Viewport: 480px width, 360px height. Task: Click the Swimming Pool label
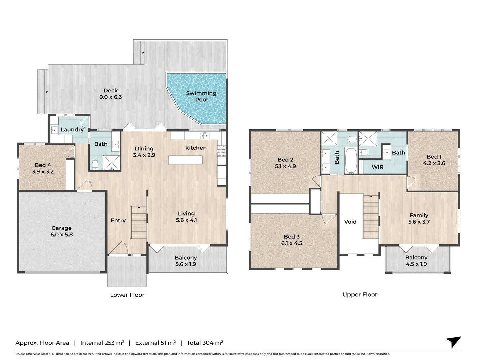[201, 96]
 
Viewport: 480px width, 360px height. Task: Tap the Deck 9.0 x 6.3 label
[110, 94]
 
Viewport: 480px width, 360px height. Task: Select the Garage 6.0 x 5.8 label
[61, 231]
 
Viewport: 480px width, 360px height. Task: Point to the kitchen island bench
[185, 160]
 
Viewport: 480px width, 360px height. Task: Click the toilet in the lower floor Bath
[95, 164]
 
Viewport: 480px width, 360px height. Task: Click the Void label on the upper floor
[350, 222]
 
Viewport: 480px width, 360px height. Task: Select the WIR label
[377, 167]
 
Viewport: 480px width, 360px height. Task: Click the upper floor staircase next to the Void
[371, 216]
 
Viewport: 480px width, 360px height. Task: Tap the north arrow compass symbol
[454, 342]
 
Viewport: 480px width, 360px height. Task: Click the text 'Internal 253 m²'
[102, 343]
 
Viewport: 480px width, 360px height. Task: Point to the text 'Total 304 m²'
[205, 343]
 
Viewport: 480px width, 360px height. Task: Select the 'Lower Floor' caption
[127, 295]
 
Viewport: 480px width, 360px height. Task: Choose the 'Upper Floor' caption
[360, 294]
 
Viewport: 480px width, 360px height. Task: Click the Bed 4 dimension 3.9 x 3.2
[43, 172]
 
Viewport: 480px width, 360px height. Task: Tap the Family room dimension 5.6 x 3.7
[419, 222]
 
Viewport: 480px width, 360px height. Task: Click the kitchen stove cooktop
[221, 151]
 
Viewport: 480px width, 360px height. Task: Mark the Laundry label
[72, 130]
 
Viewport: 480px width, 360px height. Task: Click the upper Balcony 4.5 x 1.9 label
[416, 261]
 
